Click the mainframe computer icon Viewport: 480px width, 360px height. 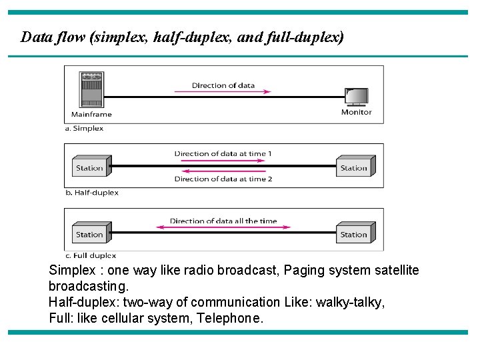point(91,89)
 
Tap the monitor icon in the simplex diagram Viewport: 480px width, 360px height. point(356,97)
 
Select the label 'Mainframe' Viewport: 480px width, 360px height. point(91,114)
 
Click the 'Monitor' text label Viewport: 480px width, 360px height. point(356,112)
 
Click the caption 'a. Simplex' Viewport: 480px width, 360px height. point(84,128)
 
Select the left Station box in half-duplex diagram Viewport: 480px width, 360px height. point(89,167)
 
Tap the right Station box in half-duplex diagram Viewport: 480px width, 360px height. point(353,167)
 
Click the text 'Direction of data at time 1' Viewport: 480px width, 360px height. point(223,153)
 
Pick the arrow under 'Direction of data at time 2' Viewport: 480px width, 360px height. point(223,172)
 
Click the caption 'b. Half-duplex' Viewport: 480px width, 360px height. point(91,193)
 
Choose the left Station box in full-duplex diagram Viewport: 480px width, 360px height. point(89,234)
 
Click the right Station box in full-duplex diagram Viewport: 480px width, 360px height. point(353,234)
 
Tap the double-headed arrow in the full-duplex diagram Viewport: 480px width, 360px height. point(223,228)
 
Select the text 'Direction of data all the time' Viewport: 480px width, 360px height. point(223,221)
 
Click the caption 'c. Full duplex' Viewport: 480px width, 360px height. point(90,255)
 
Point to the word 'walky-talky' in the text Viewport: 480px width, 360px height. point(351,302)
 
